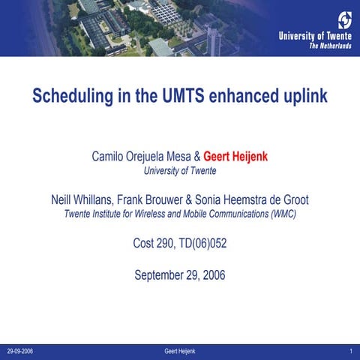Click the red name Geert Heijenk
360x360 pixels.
[235, 157]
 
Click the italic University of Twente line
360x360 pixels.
[180, 171]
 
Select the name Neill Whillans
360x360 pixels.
[82, 200]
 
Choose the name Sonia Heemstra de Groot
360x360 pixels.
[253, 200]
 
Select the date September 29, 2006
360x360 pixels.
[180, 275]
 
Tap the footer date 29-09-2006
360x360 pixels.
[20, 351]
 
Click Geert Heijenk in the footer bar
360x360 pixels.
[180, 351]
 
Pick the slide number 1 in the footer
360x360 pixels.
[351, 351]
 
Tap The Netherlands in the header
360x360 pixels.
[330, 45]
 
